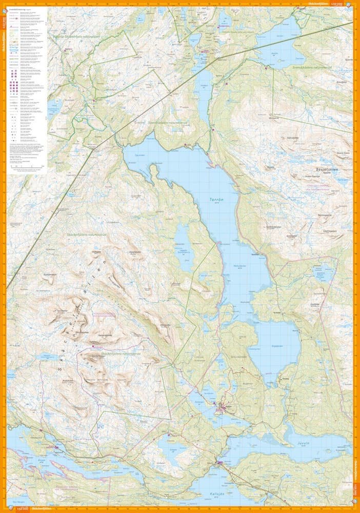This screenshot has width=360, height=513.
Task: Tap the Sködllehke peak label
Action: [x=95, y=252]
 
